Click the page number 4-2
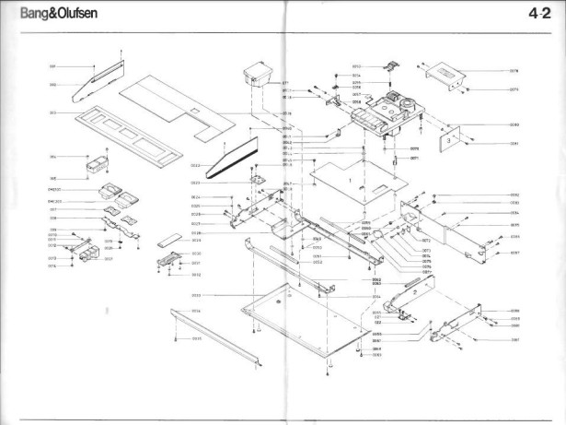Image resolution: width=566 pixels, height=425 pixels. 539,13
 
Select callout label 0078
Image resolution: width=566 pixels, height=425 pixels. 514,70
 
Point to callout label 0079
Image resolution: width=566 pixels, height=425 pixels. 514,89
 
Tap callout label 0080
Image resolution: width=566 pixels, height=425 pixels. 514,124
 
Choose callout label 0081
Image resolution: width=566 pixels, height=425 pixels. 514,143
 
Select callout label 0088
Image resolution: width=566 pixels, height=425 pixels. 514,312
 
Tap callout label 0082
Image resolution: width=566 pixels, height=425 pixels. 514,195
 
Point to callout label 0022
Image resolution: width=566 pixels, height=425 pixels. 196,165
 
